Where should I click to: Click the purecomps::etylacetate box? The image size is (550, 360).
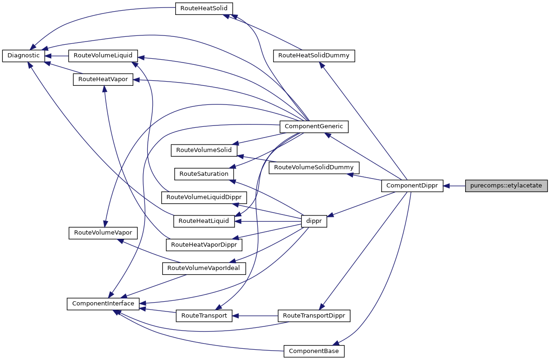[506, 186]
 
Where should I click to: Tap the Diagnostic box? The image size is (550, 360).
[23, 55]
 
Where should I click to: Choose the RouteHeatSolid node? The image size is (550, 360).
[204, 9]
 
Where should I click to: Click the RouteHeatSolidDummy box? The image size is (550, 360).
[314, 55]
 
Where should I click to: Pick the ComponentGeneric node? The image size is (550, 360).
[314, 126]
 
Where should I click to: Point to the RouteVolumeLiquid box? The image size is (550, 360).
[103, 55]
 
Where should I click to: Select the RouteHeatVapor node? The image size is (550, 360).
[103, 80]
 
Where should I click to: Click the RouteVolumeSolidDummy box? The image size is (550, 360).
[314, 167]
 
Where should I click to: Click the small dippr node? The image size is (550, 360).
[314, 222]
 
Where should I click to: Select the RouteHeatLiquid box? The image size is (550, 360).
[204, 221]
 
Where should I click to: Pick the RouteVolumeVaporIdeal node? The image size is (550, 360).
[204, 268]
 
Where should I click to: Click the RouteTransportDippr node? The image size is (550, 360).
[314, 316]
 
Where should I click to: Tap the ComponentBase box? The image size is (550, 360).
[314, 351]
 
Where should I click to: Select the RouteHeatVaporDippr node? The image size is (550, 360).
[204, 244]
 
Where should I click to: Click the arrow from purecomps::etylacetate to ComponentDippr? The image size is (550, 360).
[454, 186]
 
